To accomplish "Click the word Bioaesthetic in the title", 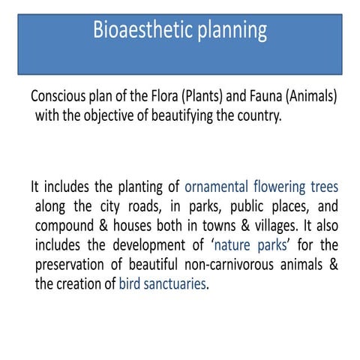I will pyautogui.click(x=138, y=31).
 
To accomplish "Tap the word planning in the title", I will pyautogui.click(x=229, y=31).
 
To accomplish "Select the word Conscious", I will pyautogui.click(x=59, y=98).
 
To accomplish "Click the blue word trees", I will pyautogui.click(x=328, y=187).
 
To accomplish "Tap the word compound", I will pyautogui.click(x=64, y=226).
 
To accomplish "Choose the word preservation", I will pyautogui.click(x=71, y=265).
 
